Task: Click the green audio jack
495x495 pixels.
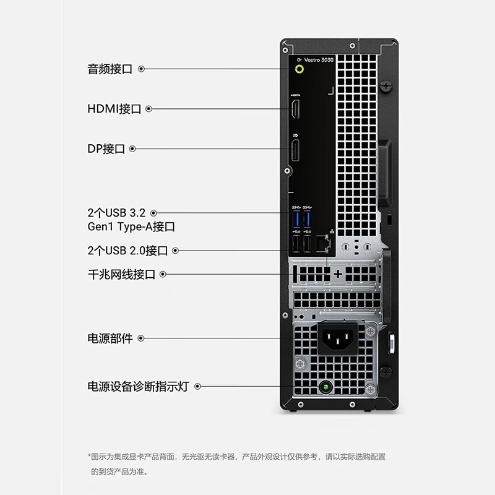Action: (299, 69)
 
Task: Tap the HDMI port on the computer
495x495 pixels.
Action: (295, 109)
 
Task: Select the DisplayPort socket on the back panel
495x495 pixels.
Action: (295, 150)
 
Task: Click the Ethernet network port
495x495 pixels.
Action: (322, 244)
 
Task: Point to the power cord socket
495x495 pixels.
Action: (337, 338)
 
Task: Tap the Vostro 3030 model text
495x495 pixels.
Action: (319, 59)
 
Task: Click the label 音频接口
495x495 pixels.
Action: (110, 69)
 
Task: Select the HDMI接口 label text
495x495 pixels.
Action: (114, 109)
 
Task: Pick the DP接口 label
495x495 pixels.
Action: (106, 148)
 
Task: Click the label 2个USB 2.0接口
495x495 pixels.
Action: (127, 251)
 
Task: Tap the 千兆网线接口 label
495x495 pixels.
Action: (121, 274)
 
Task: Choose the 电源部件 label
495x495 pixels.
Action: (110, 338)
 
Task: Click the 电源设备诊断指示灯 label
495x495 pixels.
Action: (138, 386)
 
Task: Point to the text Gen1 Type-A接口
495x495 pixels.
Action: (131, 226)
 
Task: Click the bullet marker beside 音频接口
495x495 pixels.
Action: (142, 69)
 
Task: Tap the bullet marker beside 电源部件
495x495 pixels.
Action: (141, 338)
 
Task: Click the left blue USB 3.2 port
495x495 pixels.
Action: (296, 219)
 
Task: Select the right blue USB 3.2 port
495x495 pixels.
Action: (307, 219)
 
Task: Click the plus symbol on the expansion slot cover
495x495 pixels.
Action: (338, 274)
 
